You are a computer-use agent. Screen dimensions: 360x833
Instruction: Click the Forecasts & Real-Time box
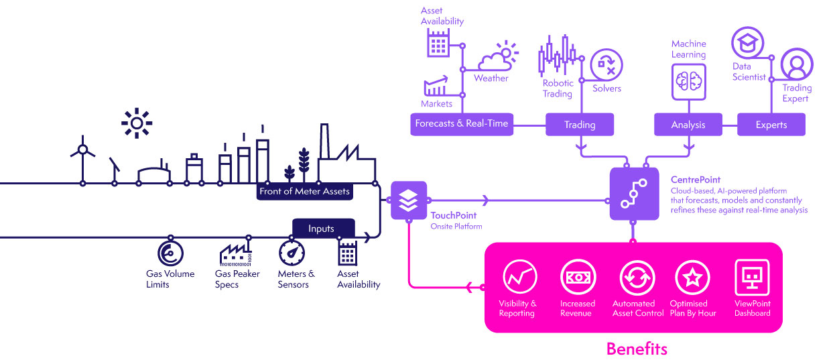461,124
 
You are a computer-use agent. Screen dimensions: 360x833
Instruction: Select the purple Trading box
580,125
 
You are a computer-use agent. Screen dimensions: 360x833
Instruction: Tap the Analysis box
688,125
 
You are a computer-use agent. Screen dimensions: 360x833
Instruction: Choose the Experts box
771,125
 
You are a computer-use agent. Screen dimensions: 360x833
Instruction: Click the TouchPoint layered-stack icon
408,200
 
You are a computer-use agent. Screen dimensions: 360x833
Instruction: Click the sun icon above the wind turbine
137,123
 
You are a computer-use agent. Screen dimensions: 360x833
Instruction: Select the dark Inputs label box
321,229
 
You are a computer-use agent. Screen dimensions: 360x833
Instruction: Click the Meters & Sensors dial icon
292,254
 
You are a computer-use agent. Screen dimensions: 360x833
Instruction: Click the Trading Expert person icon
795,64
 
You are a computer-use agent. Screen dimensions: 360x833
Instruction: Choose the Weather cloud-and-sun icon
498,58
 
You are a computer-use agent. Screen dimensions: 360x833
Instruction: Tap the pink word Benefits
637,349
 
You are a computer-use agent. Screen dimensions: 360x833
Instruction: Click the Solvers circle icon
606,65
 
